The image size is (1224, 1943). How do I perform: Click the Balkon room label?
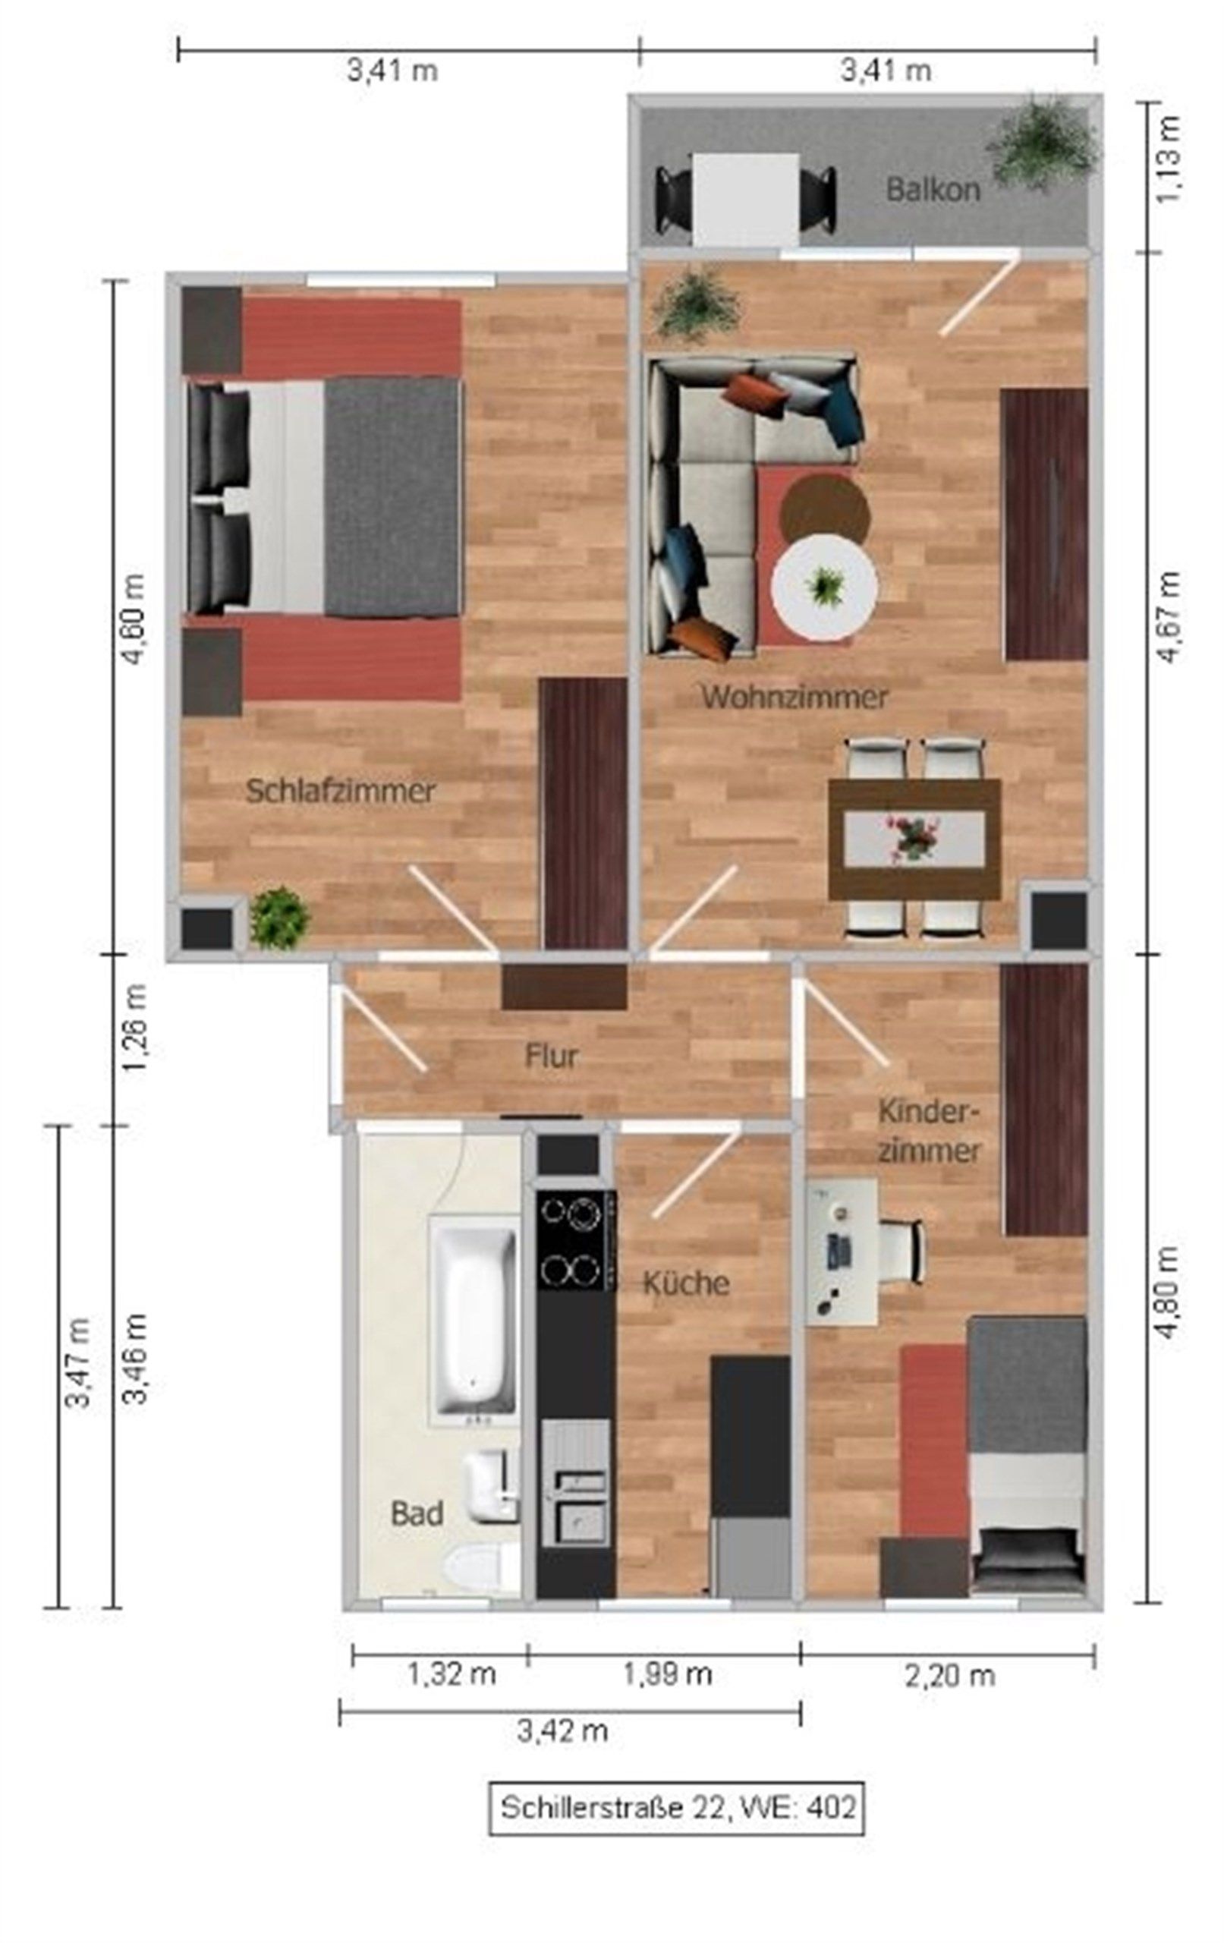933,190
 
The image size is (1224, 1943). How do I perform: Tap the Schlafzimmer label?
340,791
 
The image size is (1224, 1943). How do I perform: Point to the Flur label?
551,1056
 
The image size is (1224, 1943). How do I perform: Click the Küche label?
686,1282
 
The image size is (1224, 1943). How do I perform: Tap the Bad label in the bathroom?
417,1512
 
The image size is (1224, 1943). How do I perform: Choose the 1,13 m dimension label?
1169,159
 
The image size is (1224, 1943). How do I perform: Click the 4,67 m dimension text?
1169,616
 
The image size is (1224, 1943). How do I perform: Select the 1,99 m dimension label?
666,1674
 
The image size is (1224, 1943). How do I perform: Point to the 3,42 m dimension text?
562,1730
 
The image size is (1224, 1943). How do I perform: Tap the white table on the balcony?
745,200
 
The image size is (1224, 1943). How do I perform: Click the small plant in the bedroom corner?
279,918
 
